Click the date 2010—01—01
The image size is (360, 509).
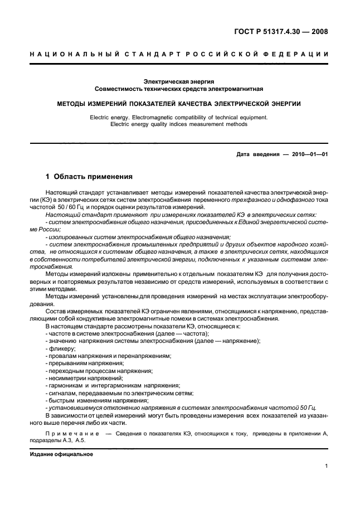tap(308, 154)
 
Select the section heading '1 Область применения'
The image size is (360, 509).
tap(89, 177)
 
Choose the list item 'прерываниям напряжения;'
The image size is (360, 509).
tap(85, 363)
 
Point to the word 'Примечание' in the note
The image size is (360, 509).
tap(71, 432)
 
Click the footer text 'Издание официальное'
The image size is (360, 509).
tap(61, 454)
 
